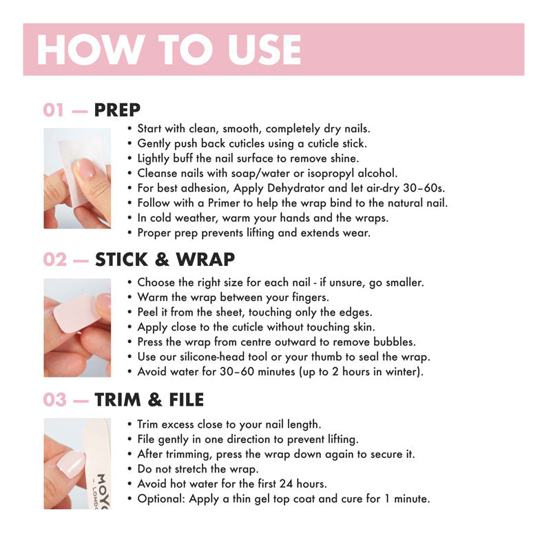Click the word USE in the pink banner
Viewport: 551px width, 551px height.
pyautogui.click(x=264, y=50)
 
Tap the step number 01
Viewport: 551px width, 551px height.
pyautogui.click(x=54, y=110)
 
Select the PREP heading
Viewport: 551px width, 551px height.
pyautogui.click(x=117, y=110)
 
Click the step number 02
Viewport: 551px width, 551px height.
pyautogui.click(x=55, y=260)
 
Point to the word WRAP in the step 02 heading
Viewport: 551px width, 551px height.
pyautogui.click(x=205, y=260)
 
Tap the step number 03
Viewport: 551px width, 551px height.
pyautogui.click(x=55, y=399)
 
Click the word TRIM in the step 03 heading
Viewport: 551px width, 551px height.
pyautogui.click(x=118, y=399)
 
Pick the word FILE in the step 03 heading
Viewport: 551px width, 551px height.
pyautogui.click(x=186, y=399)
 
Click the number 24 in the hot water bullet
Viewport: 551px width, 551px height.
pyautogui.click(x=286, y=484)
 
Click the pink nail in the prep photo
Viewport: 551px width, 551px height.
pyautogui.click(x=84, y=169)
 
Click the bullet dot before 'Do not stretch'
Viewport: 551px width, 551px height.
pyautogui.click(x=129, y=469)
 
